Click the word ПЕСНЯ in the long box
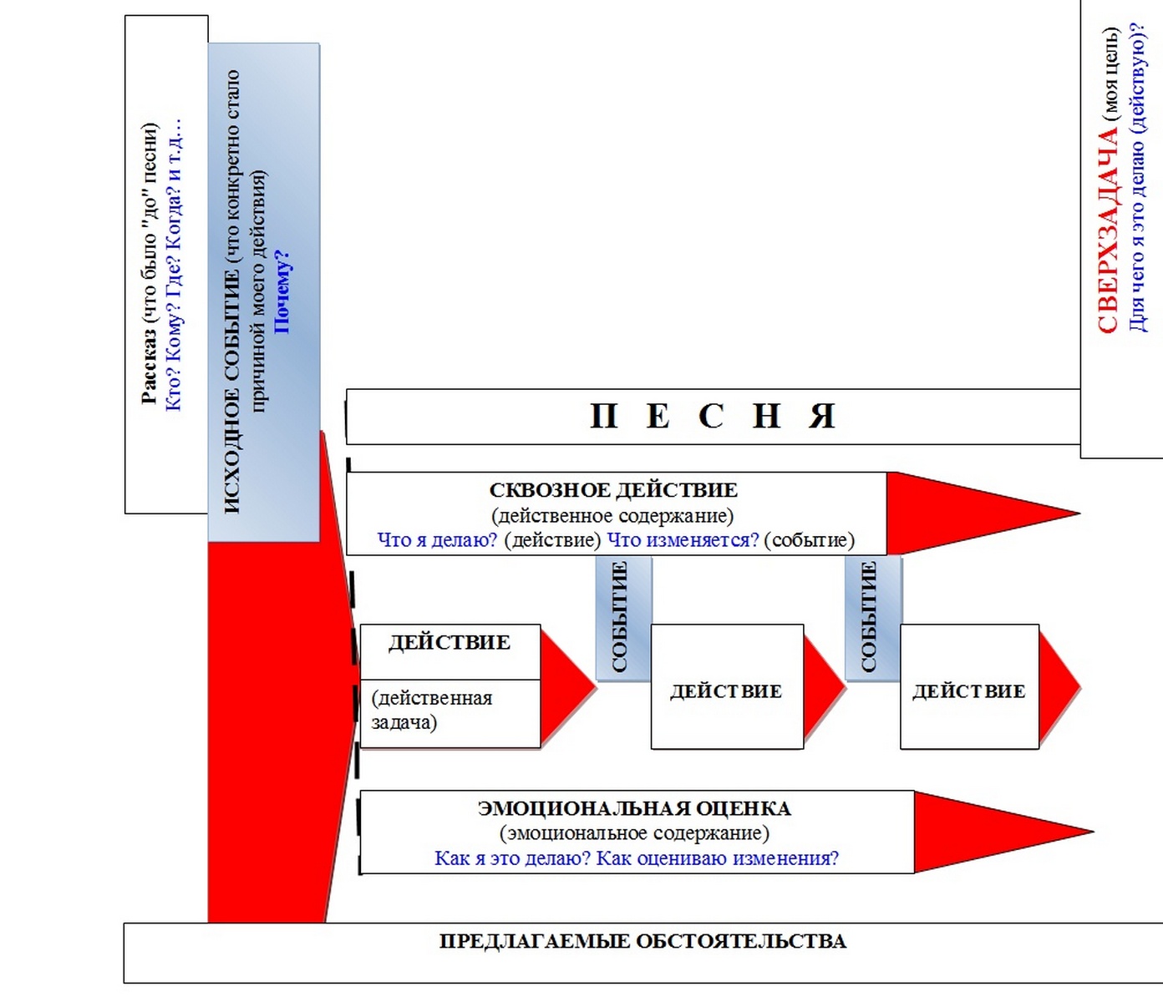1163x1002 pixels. coord(714,417)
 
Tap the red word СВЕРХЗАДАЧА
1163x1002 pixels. coord(1107,230)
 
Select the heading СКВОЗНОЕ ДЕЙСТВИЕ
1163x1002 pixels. coord(613,490)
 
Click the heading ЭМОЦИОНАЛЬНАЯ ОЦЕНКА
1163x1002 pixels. coord(634,808)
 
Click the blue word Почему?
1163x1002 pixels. coord(282,291)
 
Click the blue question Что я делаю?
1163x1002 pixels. coord(437,539)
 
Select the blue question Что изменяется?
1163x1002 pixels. coord(683,539)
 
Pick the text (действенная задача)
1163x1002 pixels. coord(432,710)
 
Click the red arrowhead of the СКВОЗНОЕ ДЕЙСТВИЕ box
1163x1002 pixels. coord(983,513)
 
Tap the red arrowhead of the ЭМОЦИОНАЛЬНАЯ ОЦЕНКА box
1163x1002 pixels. coord(1003,832)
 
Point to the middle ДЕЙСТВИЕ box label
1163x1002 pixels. coord(726,691)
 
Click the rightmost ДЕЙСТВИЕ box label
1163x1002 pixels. coord(969,691)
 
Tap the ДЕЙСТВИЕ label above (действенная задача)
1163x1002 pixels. coord(449,642)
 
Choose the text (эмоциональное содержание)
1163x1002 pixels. coord(634,832)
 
